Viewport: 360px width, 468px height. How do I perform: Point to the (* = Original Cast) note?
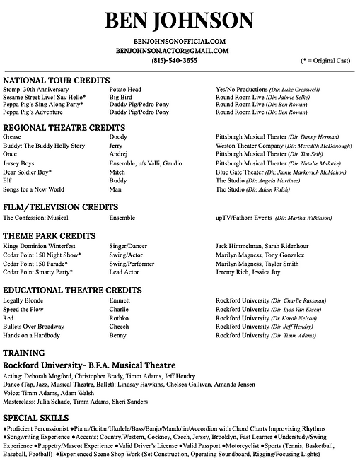[325, 62]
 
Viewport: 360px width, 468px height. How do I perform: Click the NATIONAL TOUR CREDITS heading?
[57, 80]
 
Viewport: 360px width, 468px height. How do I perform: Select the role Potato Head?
[125, 90]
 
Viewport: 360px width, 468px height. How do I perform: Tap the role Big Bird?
[122, 98]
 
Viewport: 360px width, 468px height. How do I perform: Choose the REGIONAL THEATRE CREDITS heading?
[64, 127]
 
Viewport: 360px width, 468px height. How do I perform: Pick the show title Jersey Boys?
[21, 163]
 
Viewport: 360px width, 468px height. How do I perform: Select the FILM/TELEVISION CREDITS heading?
[60, 207]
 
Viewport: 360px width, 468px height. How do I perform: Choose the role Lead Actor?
[124, 272]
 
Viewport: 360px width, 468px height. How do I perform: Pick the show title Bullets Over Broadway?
[33, 327]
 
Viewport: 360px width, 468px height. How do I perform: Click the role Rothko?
[119, 318]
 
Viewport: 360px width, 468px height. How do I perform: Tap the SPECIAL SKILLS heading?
[35, 418]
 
